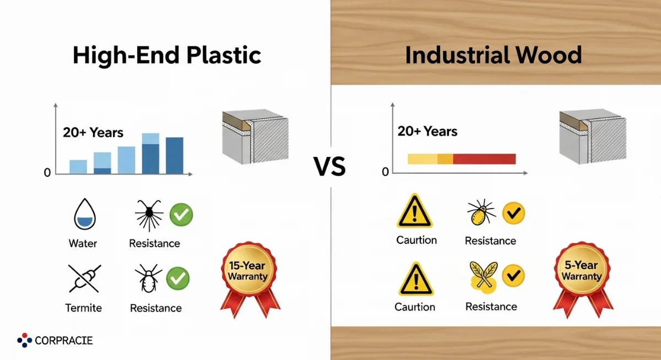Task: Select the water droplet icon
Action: [x=85, y=214]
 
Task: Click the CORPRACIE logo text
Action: [x=64, y=341]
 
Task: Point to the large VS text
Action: [x=329, y=167]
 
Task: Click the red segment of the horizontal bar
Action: [x=484, y=159]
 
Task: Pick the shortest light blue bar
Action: [x=78, y=167]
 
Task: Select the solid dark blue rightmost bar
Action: [x=175, y=155]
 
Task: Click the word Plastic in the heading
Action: [x=224, y=55]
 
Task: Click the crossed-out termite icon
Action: [x=85, y=279]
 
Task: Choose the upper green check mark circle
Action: [x=181, y=214]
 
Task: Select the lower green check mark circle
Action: [x=178, y=279]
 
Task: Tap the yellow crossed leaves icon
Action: [x=484, y=277]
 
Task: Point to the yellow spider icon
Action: [x=481, y=212]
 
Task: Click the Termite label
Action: [x=84, y=308]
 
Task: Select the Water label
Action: [x=83, y=243]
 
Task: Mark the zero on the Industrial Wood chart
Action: [x=385, y=172]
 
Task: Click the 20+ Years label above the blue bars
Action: [x=93, y=132]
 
